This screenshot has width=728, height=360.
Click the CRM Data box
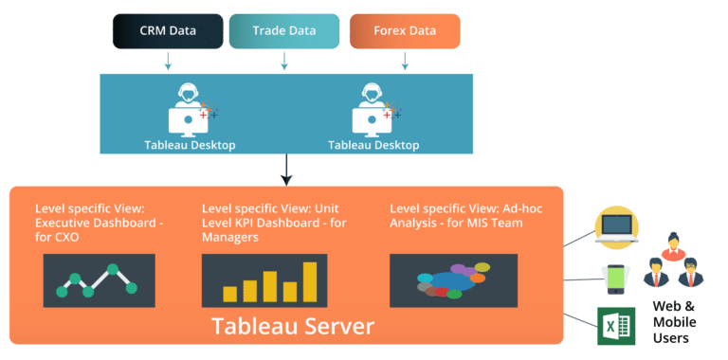169,31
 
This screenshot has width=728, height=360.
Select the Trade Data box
284,31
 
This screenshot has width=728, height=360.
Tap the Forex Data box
405,31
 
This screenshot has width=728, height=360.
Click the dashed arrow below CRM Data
169,61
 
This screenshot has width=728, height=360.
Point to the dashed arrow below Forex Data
405,61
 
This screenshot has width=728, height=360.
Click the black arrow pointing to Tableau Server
286,171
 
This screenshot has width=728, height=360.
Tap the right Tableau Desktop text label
373,145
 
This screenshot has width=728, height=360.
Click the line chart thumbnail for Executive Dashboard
99,280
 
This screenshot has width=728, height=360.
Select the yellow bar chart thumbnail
264,280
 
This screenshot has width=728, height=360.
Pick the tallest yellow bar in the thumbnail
309,281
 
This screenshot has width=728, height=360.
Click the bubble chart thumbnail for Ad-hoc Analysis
453,280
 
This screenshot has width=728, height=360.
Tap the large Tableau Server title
292,328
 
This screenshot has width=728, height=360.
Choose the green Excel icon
614,327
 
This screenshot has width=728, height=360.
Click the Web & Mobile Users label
678,323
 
